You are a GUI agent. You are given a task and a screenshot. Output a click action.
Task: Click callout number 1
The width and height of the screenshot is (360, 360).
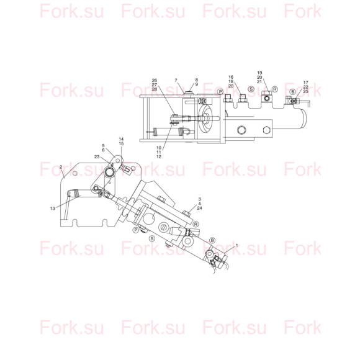point(237,245)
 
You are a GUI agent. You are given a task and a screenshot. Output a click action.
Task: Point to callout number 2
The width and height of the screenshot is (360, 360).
point(61,167)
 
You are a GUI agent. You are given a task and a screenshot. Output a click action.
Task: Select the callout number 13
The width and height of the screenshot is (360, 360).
point(53,208)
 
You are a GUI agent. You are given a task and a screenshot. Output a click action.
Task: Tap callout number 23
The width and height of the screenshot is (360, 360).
point(97,156)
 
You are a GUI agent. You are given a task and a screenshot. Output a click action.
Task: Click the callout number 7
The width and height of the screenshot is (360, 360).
point(176,80)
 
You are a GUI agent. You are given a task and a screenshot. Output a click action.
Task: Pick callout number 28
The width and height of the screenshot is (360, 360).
point(155,89)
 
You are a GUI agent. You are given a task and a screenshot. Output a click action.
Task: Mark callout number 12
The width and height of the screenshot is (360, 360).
point(159,156)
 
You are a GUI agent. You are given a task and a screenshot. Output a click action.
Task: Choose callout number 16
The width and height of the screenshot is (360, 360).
point(231,77)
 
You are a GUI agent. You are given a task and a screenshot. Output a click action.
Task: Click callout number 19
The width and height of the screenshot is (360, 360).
point(259,73)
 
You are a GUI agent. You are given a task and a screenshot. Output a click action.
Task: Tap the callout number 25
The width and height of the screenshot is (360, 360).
point(305,91)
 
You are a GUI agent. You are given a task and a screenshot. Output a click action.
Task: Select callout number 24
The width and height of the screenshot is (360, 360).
point(199,208)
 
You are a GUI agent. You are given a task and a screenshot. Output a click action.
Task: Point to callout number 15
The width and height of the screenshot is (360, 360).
point(121,143)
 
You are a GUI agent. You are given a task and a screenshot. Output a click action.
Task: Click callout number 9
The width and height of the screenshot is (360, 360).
point(197,84)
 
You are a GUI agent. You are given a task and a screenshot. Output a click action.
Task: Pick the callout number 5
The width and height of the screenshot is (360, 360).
point(103,146)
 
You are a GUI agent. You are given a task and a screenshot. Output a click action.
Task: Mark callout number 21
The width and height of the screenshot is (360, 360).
point(259,81)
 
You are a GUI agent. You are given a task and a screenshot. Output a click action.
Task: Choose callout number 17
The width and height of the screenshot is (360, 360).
point(306,83)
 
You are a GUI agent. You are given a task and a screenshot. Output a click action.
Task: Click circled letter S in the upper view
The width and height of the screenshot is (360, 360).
point(251,89)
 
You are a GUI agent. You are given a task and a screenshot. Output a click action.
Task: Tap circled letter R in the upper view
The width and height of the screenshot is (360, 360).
point(275,89)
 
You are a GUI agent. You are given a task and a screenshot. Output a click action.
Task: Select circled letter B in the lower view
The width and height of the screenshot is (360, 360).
point(212,240)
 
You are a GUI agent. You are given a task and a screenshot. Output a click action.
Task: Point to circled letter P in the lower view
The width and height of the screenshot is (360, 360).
point(136,230)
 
